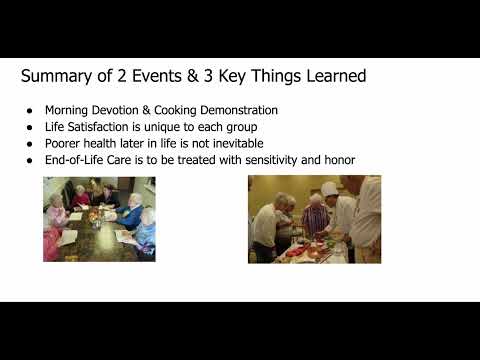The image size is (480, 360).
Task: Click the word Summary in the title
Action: pyautogui.click(x=57, y=76)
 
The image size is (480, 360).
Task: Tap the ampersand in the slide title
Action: pyautogui.click(x=192, y=76)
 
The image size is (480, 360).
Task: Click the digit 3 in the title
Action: pyautogui.click(x=208, y=76)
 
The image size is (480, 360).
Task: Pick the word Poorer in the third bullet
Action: pyautogui.click(x=62, y=143)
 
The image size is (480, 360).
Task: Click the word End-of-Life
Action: pyautogui.click(x=74, y=160)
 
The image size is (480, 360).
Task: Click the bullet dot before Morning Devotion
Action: pyautogui.click(x=30, y=111)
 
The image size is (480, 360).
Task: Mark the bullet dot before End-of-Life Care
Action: pyautogui.click(x=30, y=161)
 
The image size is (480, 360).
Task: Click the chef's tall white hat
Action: pyautogui.click(x=328, y=189)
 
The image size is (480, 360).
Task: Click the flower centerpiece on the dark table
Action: pyautogui.click(x=96, y=216)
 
